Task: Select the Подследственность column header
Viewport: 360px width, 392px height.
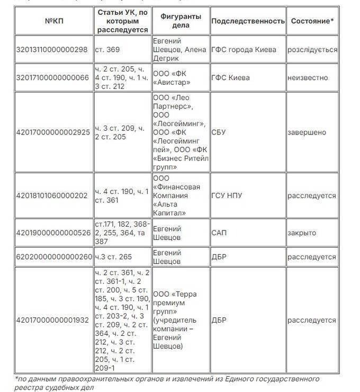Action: [248, 21]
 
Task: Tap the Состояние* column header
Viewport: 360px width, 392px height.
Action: [312, 21]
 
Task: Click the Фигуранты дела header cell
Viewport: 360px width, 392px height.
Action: [181, 21]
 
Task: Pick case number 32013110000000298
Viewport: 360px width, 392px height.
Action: [52, 50]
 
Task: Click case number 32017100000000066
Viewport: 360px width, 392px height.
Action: [52, 78]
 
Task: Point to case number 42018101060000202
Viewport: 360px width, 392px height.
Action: [52, 195]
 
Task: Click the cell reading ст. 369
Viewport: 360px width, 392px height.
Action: [107, 50]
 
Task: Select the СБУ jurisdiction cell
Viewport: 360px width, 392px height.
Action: [218, 132]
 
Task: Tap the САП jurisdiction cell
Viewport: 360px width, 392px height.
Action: [219, 233]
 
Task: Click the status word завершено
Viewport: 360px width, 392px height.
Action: [307, 132]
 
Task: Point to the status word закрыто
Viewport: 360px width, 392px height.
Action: [302, 233]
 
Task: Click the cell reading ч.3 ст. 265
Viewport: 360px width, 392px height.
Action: [114, 257]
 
